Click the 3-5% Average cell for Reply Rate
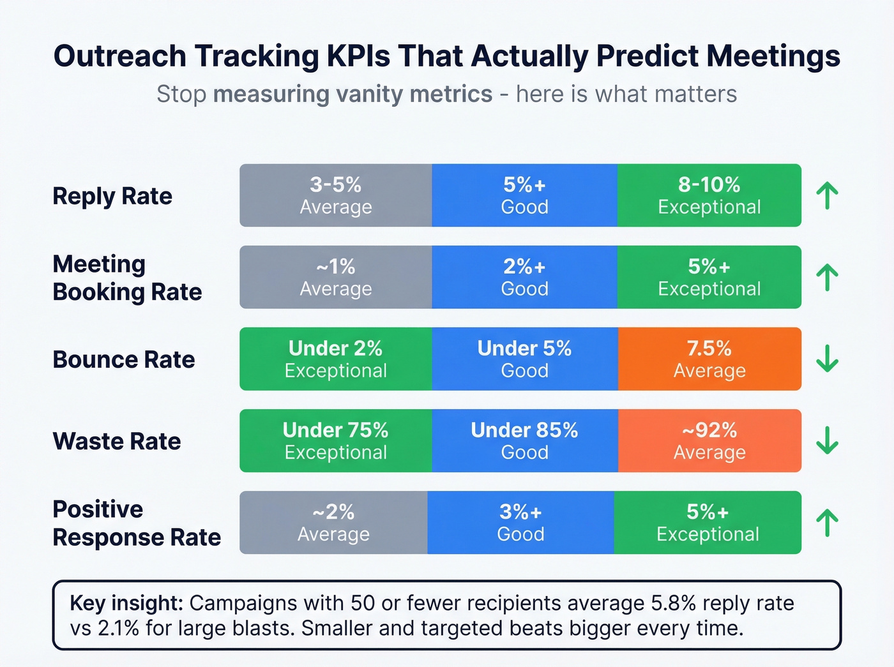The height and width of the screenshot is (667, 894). click(336, 195)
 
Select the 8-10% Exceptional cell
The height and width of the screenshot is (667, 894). click(709, 195)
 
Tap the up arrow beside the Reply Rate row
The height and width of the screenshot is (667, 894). click(827, 195)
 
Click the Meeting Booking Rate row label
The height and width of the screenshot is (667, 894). click(127, 278)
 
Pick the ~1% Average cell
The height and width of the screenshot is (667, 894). click(336, 277)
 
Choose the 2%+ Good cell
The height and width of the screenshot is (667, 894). click(524, 277)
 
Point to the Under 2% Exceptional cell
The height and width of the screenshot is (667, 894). click(336, 359)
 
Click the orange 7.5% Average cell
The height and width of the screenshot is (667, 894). click(709, 359)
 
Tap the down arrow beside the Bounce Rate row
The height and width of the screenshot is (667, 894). click(827, 359)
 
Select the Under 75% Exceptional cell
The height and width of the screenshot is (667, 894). click(336, 440)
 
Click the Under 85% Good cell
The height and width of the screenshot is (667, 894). click(524, 440)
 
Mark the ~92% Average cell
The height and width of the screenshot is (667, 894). click(709, 440)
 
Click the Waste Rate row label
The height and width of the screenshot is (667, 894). click(117, 441)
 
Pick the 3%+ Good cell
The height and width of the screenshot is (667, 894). click(520, 522)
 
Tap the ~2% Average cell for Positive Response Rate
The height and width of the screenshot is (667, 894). click(333, 522)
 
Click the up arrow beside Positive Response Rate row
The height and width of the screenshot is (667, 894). click(827, 523)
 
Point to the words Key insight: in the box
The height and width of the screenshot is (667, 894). click(126, 603)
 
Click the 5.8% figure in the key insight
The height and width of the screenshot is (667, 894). click(674, 603)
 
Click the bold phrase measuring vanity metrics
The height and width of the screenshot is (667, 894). click(352, 94)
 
